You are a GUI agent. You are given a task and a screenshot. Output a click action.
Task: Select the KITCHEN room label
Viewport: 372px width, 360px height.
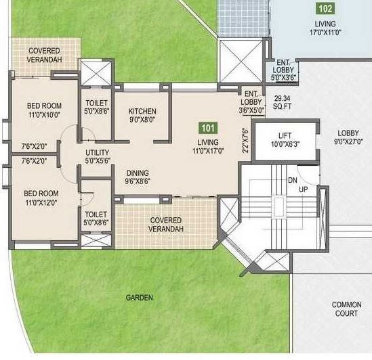(x=142, y=112)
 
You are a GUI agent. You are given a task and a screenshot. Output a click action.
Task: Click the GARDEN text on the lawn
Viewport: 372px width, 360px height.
(x=139, y=298)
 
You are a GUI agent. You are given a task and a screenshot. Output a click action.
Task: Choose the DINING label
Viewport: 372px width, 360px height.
(x=138, y=173)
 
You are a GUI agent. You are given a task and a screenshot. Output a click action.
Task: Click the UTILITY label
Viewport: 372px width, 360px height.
(x=98, y=153)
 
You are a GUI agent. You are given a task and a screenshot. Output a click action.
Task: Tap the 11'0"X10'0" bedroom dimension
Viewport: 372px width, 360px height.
(x=43, y=116)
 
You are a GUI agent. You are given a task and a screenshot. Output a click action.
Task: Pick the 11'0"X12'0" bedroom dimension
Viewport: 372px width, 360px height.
(x=43, y=202)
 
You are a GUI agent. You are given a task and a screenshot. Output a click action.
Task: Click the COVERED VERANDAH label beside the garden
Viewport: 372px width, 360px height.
(x=165, y=225)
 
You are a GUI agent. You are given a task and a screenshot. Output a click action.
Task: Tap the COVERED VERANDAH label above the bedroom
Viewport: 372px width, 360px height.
(x=44, y=55)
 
